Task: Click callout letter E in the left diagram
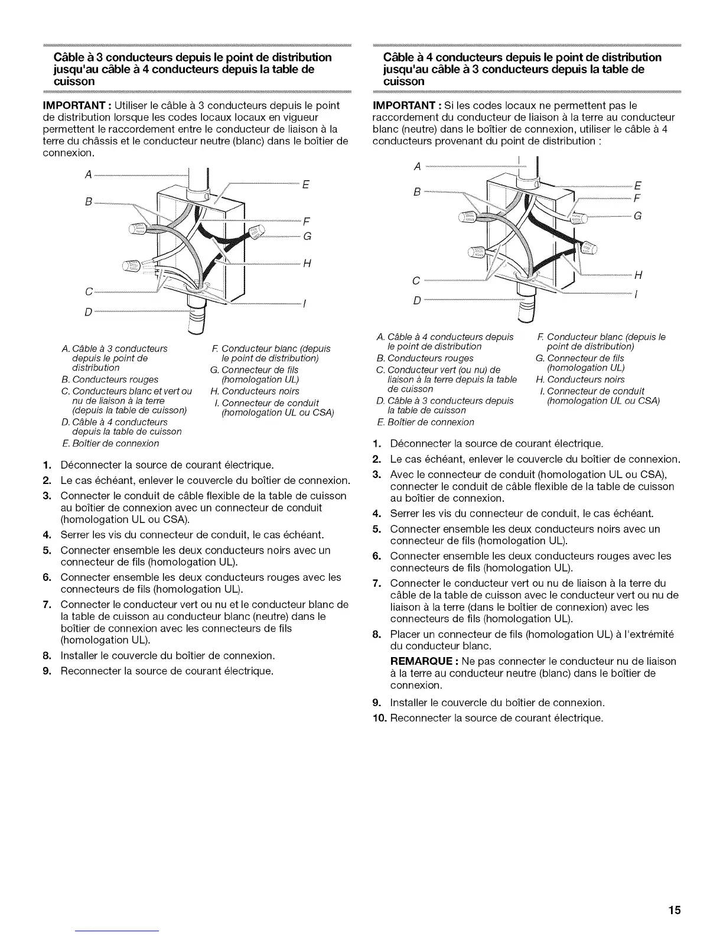coord(305,184)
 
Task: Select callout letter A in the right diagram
coord(417,167)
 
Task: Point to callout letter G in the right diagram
coord(637,216)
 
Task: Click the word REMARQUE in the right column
coord(423,661)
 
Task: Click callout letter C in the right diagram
coord(416,279)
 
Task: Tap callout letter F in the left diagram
coord(306,223)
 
